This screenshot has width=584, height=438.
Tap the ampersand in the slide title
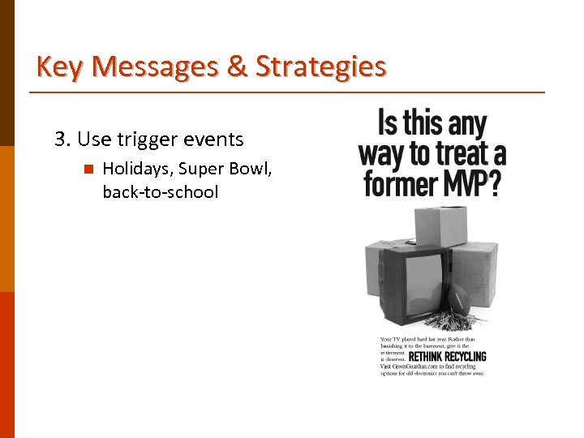point(237,67)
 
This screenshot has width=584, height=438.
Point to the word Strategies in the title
point(320,67)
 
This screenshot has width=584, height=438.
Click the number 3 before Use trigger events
point(60,140)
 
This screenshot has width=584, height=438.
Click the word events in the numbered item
point(213,140)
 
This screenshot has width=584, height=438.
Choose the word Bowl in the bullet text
point(251,170)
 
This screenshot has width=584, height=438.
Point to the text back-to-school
point(161,193)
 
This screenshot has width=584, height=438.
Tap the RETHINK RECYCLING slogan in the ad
point(447,356)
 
